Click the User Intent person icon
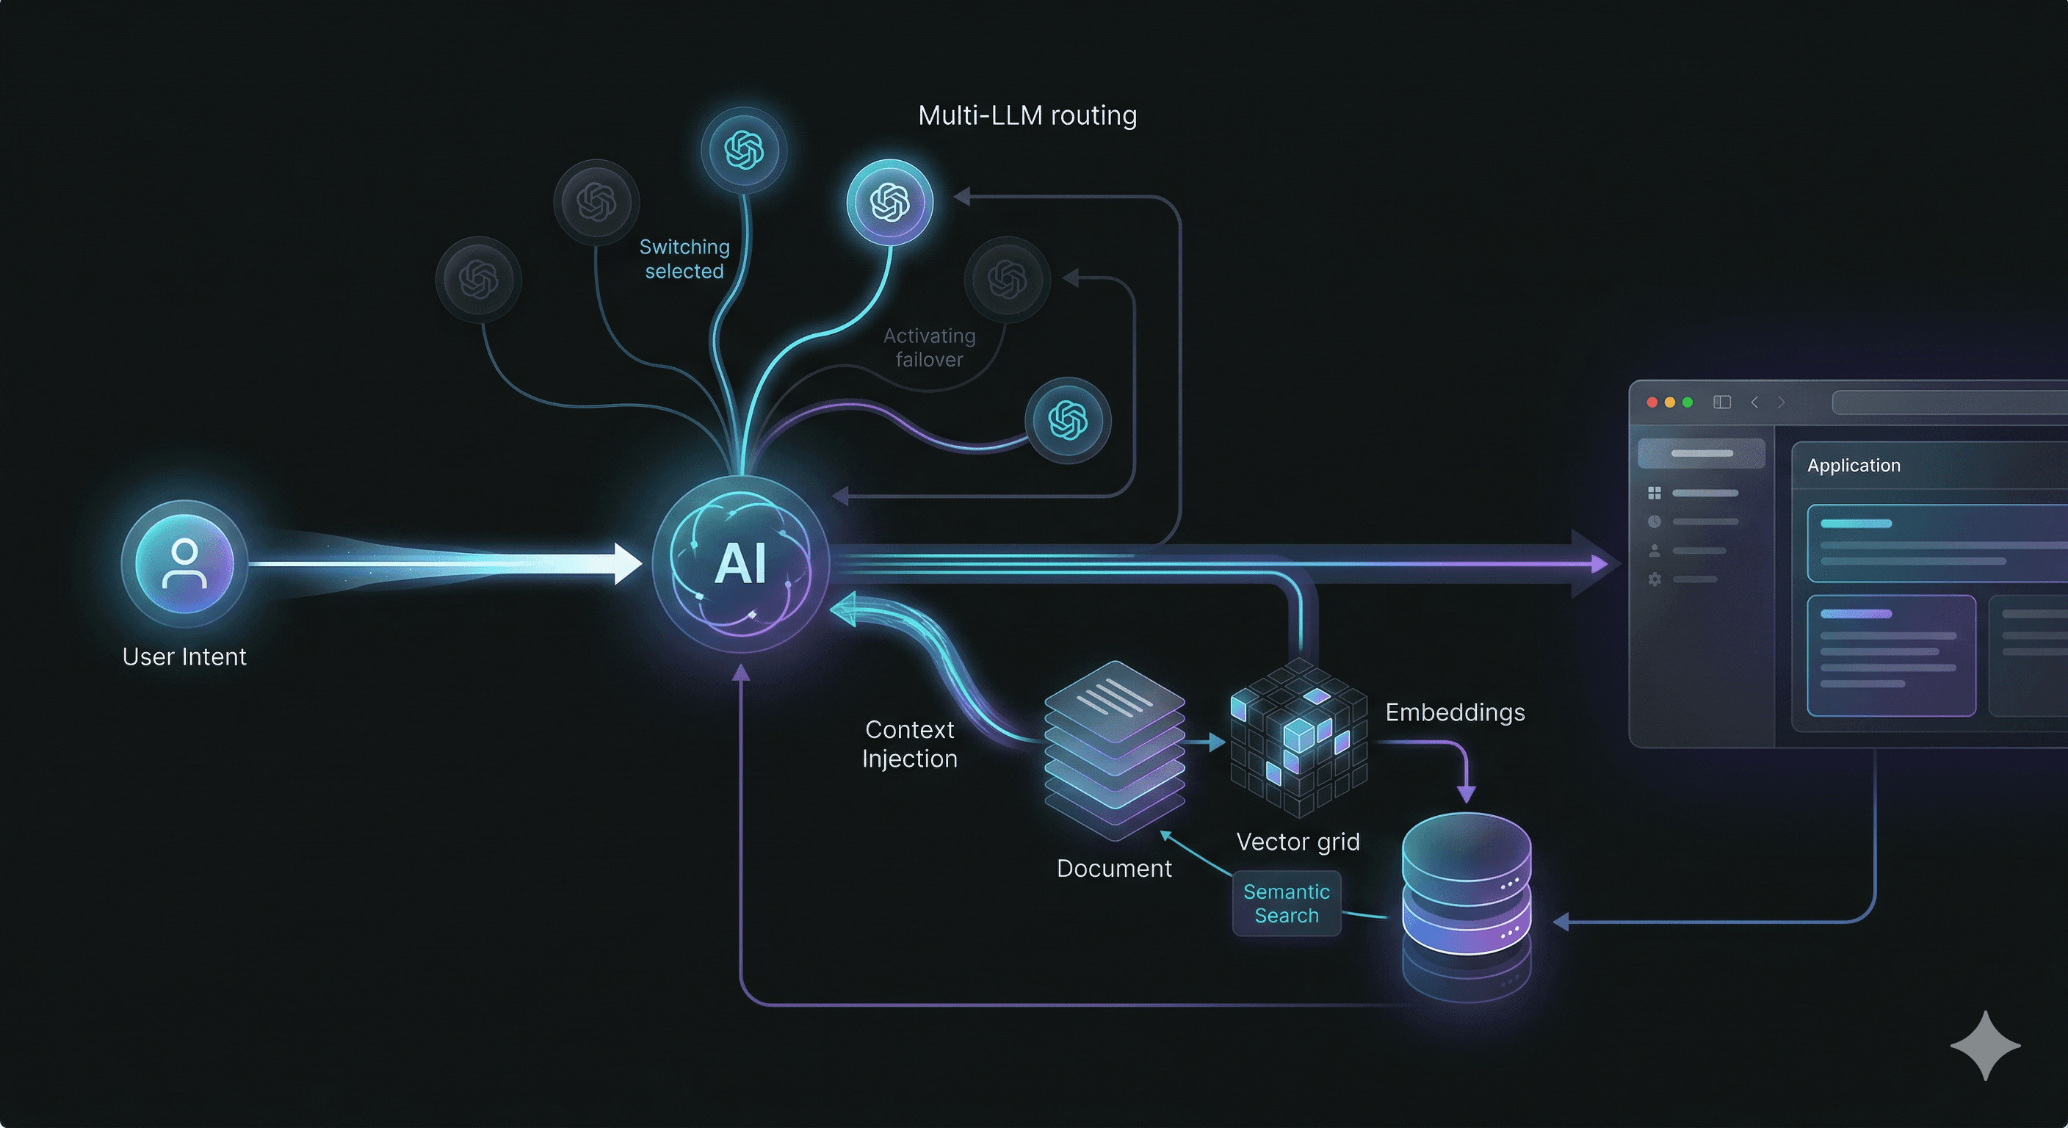[184, 563]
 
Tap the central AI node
[740, 563]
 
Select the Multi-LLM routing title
[1027, 115]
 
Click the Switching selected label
[684, 258]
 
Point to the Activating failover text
[929, 347]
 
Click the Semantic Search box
[1286, 903]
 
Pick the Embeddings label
[1455, 712]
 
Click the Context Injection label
[910, 743]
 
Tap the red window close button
[1652, 402]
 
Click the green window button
[1688, 402]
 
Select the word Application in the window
[1854, 466]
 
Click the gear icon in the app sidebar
[1655, 579]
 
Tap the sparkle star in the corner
[1984, 1045]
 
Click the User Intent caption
[184, 657]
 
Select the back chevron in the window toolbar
[1755, 402]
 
